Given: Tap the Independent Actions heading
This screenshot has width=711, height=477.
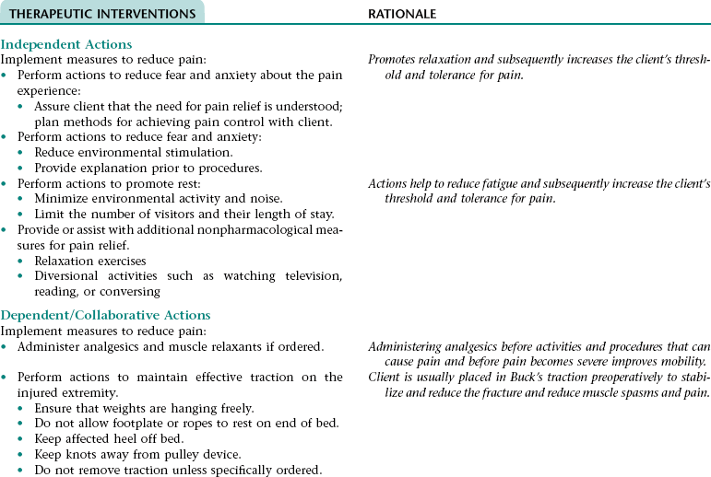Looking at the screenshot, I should (66, 44).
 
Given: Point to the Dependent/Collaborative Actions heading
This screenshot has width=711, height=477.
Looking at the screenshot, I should (105, 315).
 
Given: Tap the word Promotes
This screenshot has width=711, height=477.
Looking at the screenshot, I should (393, 59).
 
